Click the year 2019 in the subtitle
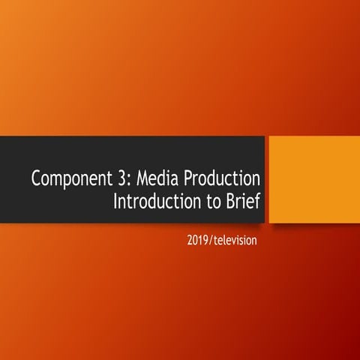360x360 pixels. coord(200,241)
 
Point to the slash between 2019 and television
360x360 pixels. coord(214,241)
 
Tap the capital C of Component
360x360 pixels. coord(37,179)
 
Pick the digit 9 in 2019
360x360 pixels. coord(209,241)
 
